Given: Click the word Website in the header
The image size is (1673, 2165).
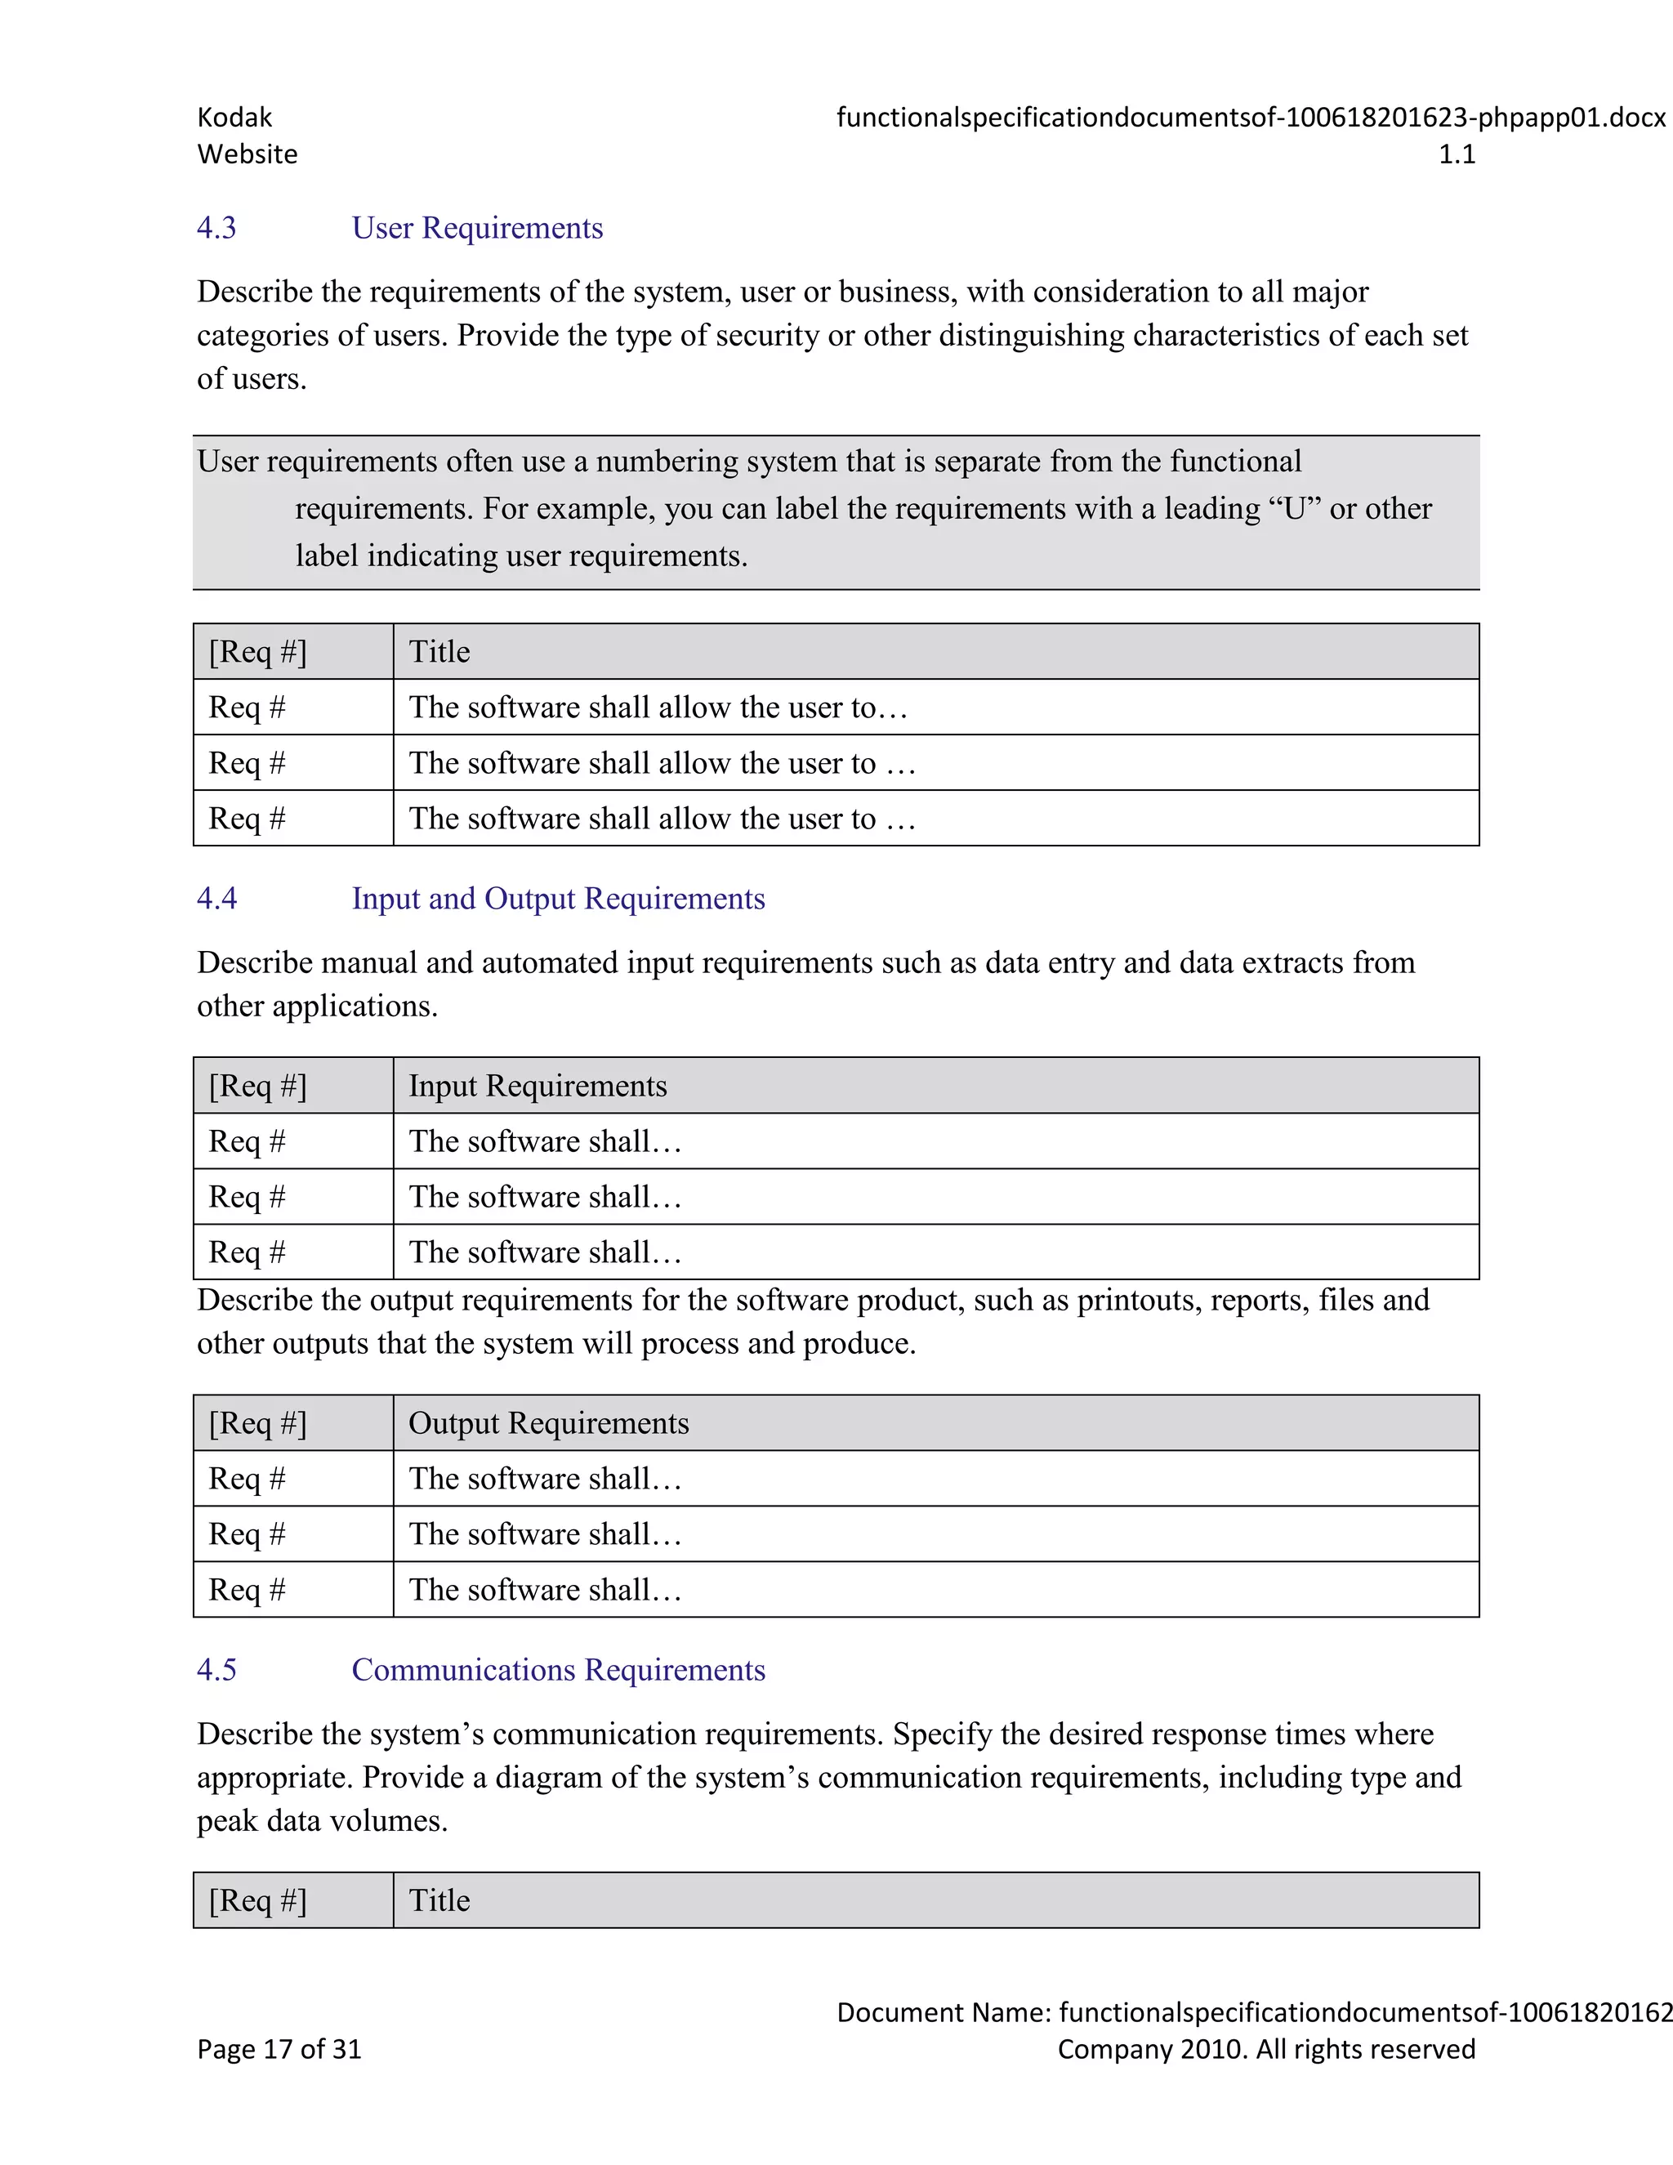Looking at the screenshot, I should coord(247,154).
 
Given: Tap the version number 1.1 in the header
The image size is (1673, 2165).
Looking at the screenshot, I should coord(1456,154).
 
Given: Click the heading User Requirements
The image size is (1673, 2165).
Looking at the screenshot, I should coord(477,228).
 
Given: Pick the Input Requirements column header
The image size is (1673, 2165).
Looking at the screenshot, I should coord(538,1086).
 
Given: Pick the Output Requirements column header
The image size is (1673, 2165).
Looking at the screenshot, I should coord(548,1422).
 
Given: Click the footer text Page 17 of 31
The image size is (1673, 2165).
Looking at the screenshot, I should coord(279,2049).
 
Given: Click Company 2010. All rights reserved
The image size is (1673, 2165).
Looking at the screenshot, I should coord(1265,2049).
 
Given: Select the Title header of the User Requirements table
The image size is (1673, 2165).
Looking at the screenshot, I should coord(439,651).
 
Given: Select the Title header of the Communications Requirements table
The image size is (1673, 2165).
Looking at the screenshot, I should coord(439,1900).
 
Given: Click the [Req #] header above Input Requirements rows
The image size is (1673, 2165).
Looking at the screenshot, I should coord(257,1086).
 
